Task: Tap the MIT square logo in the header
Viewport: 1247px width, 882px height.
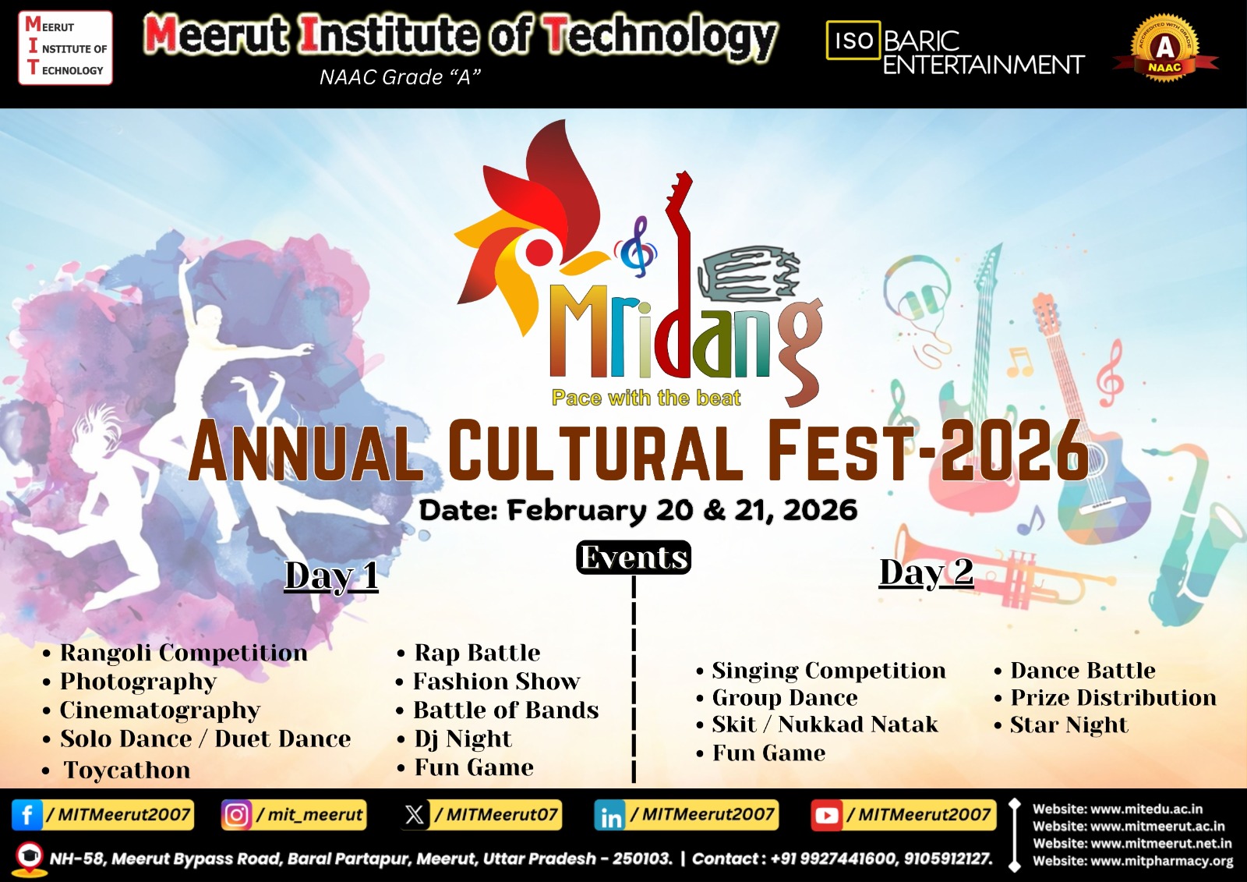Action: [x=65, y=48]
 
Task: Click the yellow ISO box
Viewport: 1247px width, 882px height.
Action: [x=853, y=40]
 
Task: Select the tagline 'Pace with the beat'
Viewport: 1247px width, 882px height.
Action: [x=646, y=398]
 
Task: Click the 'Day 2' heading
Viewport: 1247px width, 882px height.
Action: [x=927, y=572]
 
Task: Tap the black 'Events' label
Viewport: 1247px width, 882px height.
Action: [x=634, y=557]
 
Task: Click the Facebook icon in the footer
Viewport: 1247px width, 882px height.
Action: [x=27, y=815]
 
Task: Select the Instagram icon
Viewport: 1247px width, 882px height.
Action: [x=237, y=815]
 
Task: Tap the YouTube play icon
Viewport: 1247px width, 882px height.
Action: [x=827, y=816]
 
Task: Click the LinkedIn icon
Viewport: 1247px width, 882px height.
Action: [x=610, y=816]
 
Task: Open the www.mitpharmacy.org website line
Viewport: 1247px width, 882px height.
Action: [x=1133, y=861]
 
